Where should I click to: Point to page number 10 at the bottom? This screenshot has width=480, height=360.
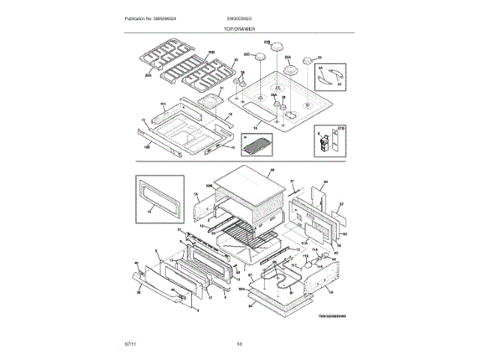coord(239,344)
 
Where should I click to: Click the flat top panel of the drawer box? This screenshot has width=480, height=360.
coord(246,183)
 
